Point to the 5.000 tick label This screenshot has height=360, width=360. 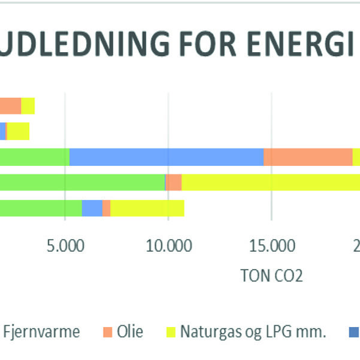65,247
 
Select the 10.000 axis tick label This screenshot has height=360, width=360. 168,247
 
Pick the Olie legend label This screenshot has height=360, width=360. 131,331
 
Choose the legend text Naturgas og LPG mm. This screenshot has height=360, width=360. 253,331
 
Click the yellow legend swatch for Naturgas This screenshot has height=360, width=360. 170,331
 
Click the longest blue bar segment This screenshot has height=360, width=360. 167,156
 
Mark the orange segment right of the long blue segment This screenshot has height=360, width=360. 308,156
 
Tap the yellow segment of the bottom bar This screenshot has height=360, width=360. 147,208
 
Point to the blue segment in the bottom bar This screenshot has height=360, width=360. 92,208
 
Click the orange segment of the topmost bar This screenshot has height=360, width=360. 10,105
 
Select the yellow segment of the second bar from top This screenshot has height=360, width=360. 17,131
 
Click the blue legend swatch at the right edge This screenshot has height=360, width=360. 355,331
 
